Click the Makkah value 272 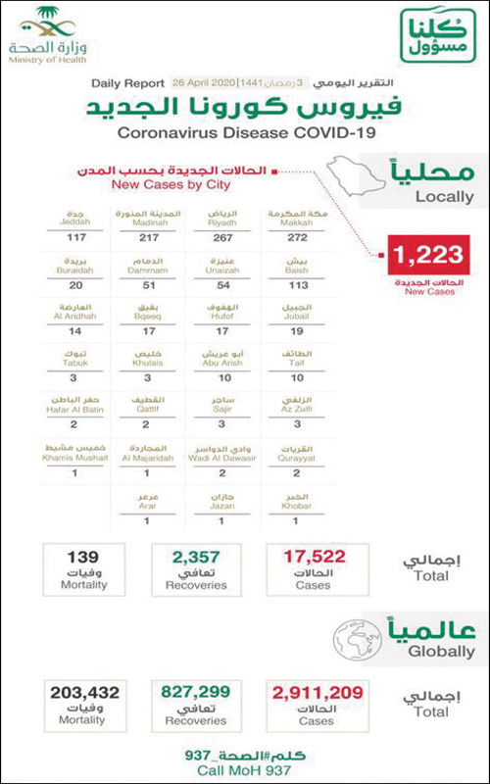(292, 237)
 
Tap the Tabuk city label (70, 359)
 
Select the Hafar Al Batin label (70, 406)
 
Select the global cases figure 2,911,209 (316, 693)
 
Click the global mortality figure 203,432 (82, 693)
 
